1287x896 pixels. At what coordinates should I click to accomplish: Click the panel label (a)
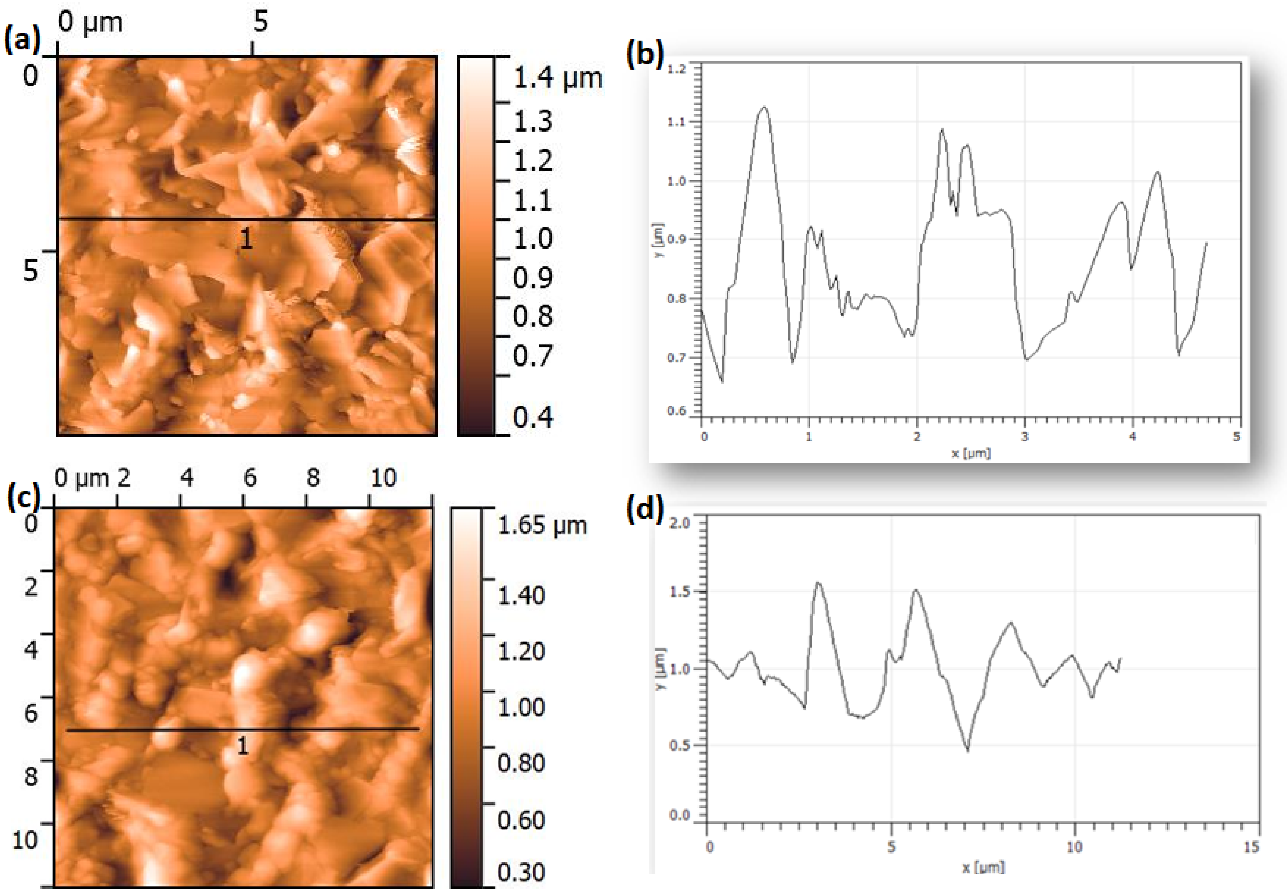22,41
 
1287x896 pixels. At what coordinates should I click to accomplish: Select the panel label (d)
644,508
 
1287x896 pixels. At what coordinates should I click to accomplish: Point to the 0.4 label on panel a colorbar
533,417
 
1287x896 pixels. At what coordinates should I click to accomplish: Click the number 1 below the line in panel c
242,746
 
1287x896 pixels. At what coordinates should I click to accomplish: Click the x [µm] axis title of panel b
971,453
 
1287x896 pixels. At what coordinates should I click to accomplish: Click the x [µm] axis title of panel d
983,868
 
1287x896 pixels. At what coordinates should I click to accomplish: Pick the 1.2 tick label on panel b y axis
677,69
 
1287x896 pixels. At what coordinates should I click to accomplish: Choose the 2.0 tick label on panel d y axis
680,523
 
